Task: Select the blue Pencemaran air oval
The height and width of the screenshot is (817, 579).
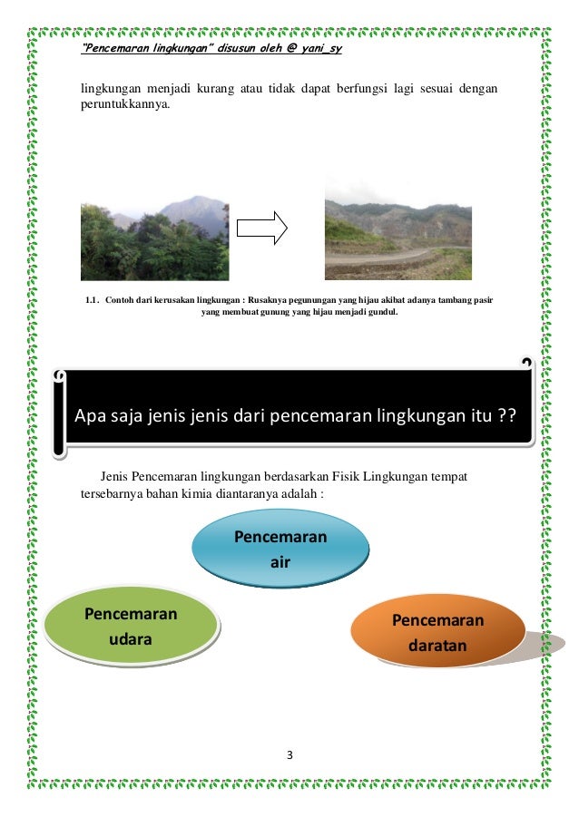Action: (x=280, y=550)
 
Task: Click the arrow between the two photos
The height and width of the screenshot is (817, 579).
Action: (x=262, y=229)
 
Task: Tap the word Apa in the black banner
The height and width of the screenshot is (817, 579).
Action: (x=91, y=416)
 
